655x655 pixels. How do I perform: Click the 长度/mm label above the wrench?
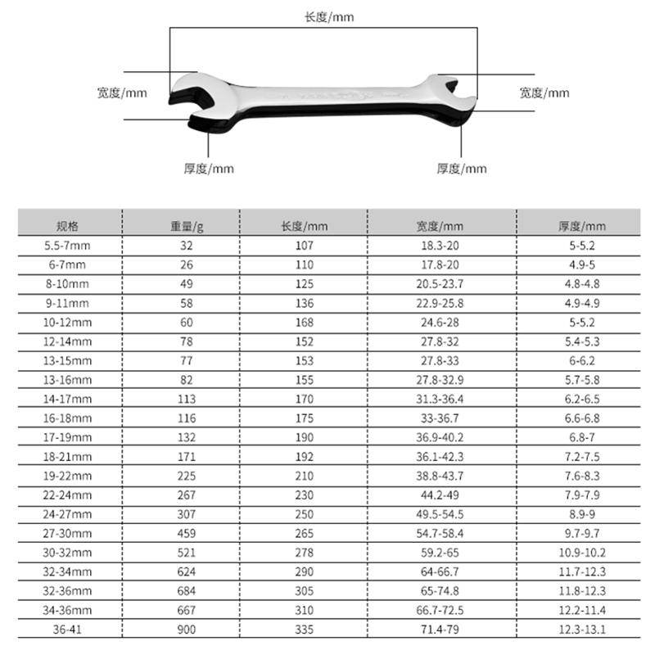tap(327, 16)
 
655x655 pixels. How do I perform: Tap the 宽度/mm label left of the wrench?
tap(122, 93)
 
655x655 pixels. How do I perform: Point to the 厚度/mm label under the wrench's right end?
tap(462, 169)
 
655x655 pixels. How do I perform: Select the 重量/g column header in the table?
tap(187, 226)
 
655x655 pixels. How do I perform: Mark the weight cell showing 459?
tap(187, 533)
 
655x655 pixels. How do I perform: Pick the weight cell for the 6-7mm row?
tap(187, 264)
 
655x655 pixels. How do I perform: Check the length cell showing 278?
tap(304, 552)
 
